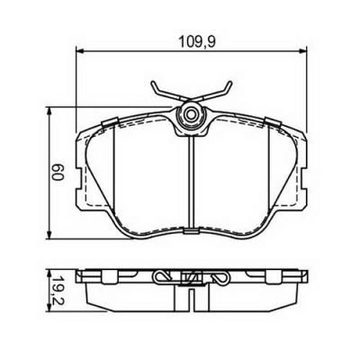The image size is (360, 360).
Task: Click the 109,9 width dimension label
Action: pos(197,41)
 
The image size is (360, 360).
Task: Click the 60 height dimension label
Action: pos(58,173)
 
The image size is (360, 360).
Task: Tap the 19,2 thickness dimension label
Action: pos(58,290)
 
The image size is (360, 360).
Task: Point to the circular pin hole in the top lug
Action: pos(191,114)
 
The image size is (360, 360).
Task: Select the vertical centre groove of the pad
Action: pos(191,182)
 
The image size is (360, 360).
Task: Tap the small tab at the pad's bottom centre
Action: pos(191,231)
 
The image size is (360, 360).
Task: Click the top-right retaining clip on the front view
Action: pos(272,121)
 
